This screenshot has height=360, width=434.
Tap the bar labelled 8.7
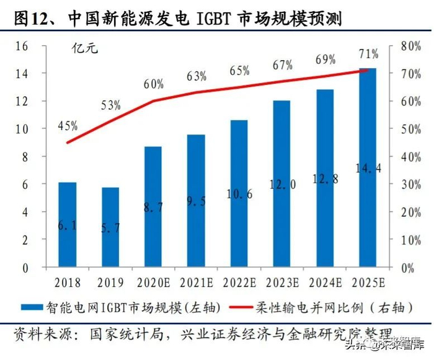pyautogui.click(x=153, y=207)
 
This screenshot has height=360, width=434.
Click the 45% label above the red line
pyautogui.click(x=68, y=126)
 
